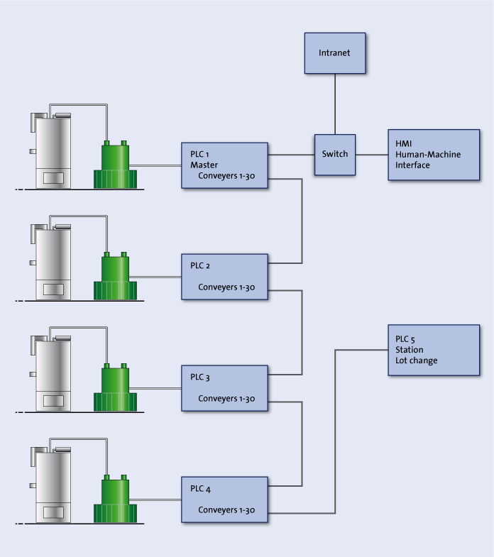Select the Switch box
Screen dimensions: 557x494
(x=335, y=154)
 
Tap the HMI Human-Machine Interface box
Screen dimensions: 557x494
(x=433, y=154)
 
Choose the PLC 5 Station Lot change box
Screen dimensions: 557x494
(x=433, y=350)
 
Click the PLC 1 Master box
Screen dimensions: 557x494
(x=224, y=165)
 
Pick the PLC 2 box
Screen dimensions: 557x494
(x=224, y=277)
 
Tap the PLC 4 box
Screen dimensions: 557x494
(x=224, y=500)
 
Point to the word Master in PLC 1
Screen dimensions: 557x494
(x=204, y=165)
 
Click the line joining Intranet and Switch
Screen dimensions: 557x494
(x=335, y=104)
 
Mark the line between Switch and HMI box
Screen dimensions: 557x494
(x=371, y=154)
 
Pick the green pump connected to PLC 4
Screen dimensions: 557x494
(x=115, y=500)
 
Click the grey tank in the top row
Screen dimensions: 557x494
(x=53, y=150)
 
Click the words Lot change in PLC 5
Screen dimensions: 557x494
(x=417, y=360)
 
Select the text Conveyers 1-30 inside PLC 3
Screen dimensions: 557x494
(x=226, y=398)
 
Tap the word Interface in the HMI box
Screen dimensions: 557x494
(x=413, y=165)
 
